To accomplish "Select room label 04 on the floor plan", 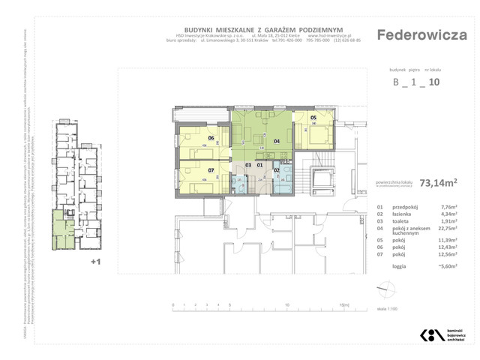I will [x=276, y=140].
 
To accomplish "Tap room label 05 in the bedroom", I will [x=313, y=118].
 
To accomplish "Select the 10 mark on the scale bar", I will [x=287, y=306].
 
